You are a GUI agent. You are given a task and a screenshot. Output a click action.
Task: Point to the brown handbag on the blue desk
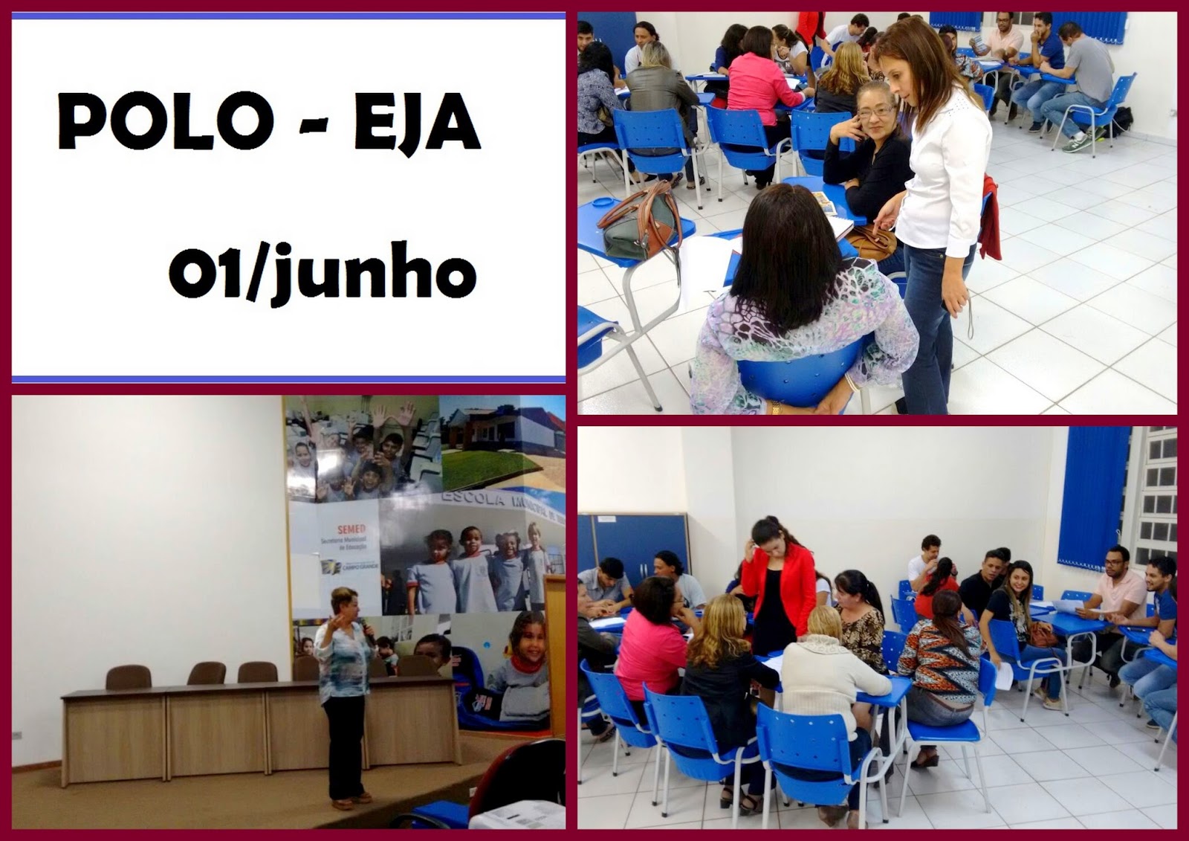tap(637, 221)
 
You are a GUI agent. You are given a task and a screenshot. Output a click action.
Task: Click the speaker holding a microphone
tap(344, 706)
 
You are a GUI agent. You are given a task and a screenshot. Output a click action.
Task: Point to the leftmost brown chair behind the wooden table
tap(129, 677)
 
